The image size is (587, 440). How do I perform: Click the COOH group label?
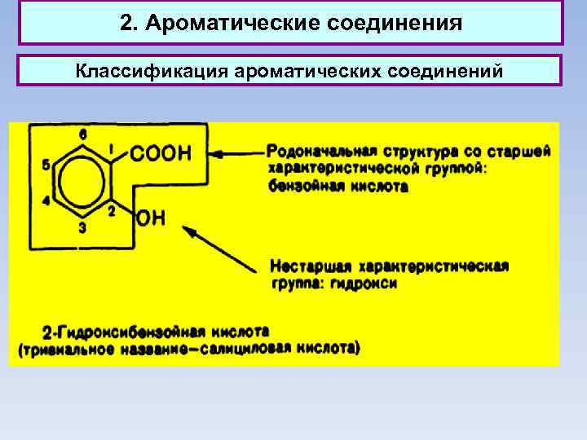pyautogui.click(x=160, y=153)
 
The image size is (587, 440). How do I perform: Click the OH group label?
pyautogui.click(x=152, y=218)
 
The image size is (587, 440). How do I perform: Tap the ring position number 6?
pyautogui.click(x=83, y=134)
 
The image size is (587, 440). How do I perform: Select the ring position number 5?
pyautogui.click(x=46, y=165)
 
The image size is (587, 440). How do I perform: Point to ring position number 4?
pyautogui.click(x=46, y=200)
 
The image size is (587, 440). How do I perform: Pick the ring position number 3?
pyautogui.click(x=82, y=228)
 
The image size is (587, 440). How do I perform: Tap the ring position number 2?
pyautogui.click(x=113, y=210)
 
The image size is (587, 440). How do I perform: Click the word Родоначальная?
pyautogui.click(x=318, y=151)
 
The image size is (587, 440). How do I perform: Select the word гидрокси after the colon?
pyautogui.click(x=371, y=284)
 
